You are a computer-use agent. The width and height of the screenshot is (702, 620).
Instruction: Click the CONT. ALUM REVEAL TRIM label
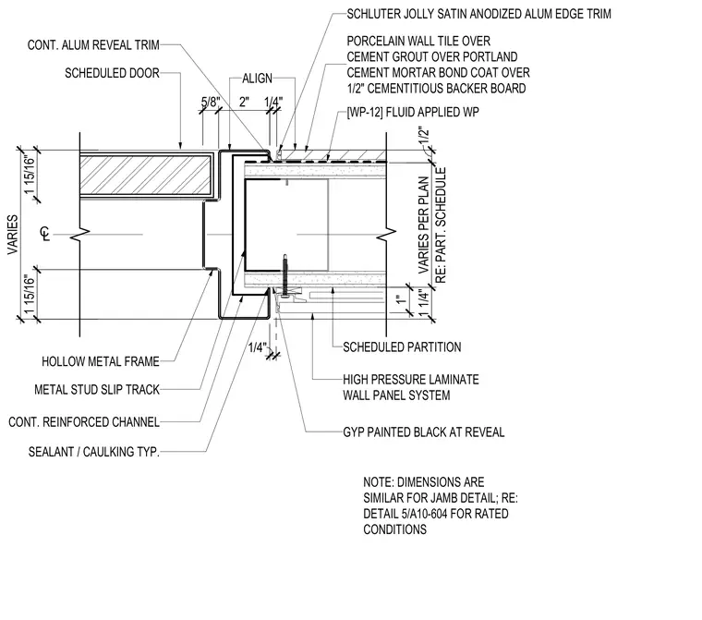tap(93, 45)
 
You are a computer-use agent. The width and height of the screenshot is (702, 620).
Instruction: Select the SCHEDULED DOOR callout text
tap(112, 73)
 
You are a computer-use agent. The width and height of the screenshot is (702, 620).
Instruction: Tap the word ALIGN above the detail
tap(257, 79)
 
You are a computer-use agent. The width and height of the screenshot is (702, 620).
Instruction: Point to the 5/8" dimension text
tap(211, 103)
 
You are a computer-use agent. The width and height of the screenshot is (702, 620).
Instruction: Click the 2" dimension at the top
tap(244, 103)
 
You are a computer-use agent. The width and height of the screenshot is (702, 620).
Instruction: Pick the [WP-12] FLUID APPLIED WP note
tap(413, 112)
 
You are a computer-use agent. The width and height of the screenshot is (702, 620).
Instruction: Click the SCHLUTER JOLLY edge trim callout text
tap(478, 14)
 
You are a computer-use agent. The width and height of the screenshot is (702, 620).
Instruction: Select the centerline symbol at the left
tap(45, 234)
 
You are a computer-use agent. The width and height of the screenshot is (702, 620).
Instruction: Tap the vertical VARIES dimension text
tap(13, 235)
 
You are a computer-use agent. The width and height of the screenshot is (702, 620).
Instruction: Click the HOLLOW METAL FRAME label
tap(101, 361)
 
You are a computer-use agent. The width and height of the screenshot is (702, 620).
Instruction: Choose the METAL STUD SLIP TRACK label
tap(97, 390)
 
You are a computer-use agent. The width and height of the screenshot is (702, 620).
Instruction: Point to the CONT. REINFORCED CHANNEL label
tap(84, 422)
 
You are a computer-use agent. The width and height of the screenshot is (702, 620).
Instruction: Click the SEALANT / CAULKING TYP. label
tap(93, 452)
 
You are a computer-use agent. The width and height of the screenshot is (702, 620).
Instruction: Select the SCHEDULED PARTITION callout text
tap(402, 347)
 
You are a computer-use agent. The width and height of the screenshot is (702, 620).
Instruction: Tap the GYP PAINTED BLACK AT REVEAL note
tap(424, 432)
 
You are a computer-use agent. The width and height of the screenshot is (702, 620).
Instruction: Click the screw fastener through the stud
tap(284, 274)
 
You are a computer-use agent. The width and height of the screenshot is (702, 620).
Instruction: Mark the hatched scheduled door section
tap(145, 176)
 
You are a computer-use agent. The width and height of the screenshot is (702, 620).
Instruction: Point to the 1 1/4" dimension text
tap(424, 302)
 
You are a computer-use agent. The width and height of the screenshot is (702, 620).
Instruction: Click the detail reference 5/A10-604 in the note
tap(418, 514)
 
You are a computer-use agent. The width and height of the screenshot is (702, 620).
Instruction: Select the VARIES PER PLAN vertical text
tap(424, 225)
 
